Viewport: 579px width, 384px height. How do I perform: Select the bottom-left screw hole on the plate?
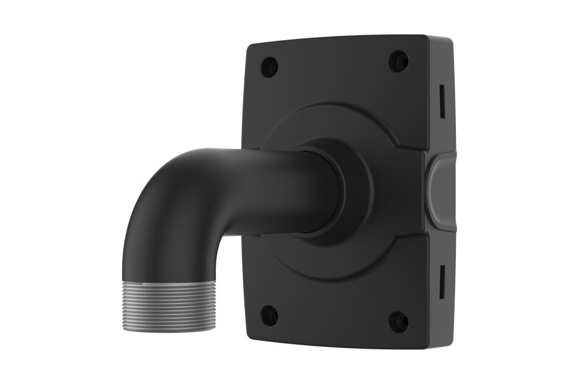point(269,316)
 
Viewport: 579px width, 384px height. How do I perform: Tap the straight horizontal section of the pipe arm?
point(268,183)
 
